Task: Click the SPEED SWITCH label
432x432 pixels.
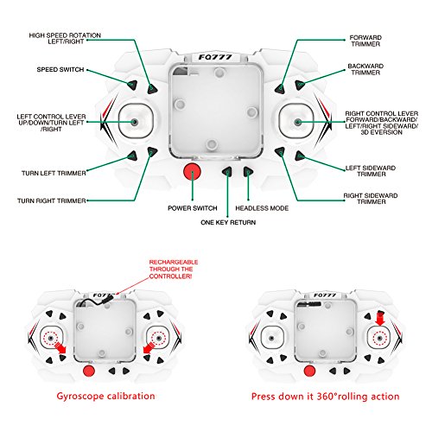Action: (60, 70)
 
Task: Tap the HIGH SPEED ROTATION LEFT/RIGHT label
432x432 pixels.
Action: (65, 38)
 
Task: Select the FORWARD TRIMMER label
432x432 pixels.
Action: (365, 41)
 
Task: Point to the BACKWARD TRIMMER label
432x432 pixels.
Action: (365, 69)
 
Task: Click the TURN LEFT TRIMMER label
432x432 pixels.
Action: (54, 173)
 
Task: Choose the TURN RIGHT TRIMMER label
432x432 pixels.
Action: (52, 200)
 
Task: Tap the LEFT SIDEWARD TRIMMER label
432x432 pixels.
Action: (371, 171)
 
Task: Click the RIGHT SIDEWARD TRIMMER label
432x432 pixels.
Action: (371, 199)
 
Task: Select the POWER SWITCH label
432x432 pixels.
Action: (193, 208)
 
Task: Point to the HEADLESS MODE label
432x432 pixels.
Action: (262, 208)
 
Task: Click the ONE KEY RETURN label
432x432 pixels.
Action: (228, 222)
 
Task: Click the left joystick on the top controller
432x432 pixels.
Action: (134, 122)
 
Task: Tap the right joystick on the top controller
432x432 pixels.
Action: (297, 122)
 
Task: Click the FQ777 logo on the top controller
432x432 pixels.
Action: (215, 57)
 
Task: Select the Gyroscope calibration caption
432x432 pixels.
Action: (105, 397)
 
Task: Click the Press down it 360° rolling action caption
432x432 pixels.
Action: (326, 397)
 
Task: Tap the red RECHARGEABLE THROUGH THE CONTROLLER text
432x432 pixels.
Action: (174, 270)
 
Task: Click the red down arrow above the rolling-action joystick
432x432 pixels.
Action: (380, 318)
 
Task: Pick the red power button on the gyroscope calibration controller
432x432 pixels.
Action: (89, 371)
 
